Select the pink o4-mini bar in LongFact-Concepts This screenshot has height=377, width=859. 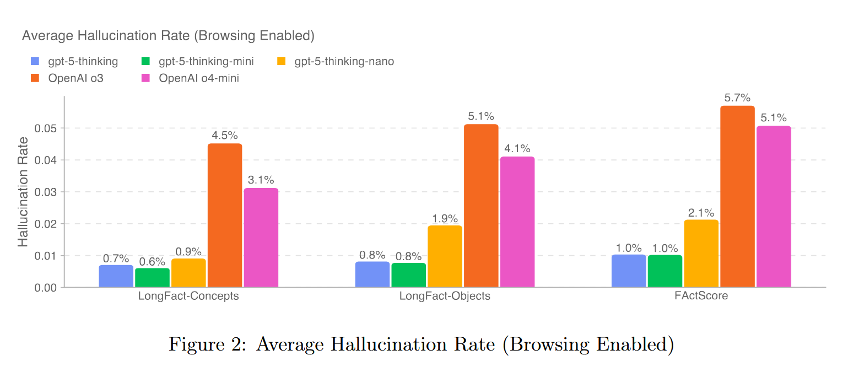click(261, 238)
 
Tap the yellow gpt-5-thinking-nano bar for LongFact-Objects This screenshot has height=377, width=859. click(445, 256)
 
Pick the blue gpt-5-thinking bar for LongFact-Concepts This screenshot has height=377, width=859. click(116, 276)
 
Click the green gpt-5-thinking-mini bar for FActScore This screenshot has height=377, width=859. click(664, 271)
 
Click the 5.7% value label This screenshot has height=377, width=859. click(737, 98)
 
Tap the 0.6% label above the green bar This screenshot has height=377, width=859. click(152, 261)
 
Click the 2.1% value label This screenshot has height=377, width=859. click(701, 213)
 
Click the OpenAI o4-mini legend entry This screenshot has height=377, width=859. click(198, 78)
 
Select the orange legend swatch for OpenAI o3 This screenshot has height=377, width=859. click(35, 78)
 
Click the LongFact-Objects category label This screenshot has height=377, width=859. click(445, 296)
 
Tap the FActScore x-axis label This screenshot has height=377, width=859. click(701, 296)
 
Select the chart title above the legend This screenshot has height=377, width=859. click(168, 36)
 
